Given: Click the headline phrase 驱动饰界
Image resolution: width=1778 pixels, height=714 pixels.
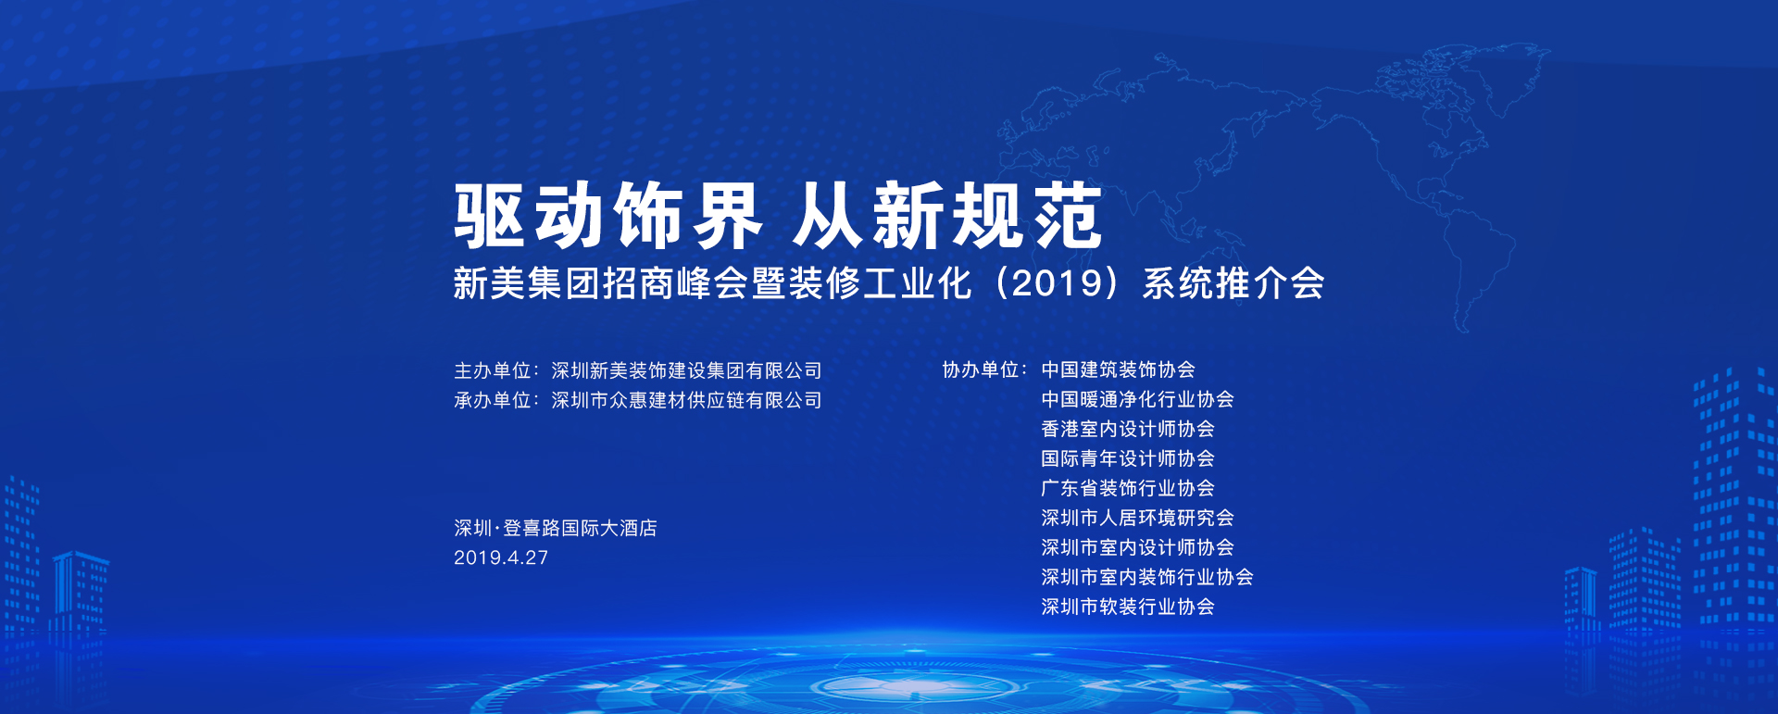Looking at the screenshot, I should point(607,216).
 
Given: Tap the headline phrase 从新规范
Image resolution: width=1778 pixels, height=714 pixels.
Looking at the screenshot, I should point(947,216).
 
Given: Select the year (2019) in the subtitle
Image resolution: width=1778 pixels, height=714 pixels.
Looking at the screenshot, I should point(1057,283).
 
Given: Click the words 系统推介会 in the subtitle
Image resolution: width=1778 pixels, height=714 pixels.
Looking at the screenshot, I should point(1233,283).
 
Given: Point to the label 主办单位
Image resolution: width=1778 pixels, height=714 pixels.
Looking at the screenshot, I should point(492,371).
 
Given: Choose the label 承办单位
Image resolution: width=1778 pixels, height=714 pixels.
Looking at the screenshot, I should point(492,401).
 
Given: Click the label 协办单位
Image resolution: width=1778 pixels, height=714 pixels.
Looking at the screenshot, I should point(981,370).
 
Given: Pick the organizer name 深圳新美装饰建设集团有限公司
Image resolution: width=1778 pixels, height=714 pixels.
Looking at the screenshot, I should point(686,371).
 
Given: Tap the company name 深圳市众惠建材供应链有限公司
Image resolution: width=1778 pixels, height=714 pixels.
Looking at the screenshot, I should point(686,401).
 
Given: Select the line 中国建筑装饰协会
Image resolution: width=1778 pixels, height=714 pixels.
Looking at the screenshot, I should point(1118,370).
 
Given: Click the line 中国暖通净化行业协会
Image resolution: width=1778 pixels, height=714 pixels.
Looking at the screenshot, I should point(1137,400).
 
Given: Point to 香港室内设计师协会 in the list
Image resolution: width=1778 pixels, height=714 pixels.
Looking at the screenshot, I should point(1127,430).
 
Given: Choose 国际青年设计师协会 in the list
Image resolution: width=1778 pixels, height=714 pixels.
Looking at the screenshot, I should point(1127,459).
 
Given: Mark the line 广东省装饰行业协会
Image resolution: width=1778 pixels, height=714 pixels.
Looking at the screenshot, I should point(1127,489).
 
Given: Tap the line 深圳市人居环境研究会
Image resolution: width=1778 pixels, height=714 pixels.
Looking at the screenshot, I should point(1137,519).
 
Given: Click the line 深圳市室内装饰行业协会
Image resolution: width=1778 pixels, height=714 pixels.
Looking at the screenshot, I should point(1146,578).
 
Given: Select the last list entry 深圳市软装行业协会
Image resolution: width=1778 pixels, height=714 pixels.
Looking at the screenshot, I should point(1127,608).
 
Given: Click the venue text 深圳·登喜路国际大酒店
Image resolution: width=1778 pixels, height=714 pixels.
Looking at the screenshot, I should point(556,529).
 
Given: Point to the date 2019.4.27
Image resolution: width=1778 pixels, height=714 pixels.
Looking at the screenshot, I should point(501,558).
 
